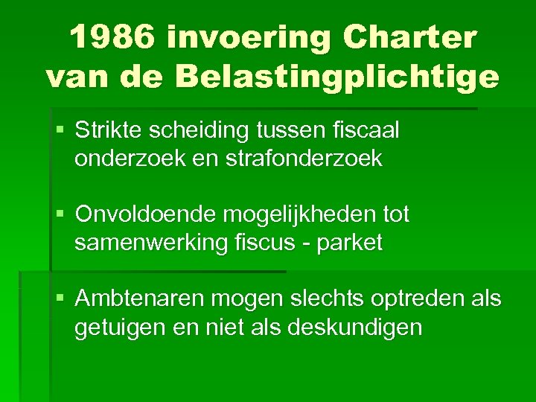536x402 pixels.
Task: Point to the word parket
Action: [x=349, y=243]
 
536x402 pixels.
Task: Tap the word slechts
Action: [x=333, y=299]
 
